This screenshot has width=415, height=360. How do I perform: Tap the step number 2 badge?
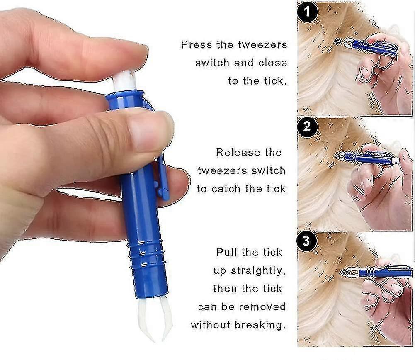pyautogui.click(x=307, y=126)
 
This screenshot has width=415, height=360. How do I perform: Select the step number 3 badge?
pyautogui.click(x=307, y=241)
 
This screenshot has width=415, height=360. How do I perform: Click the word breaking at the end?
pyautogui.click(x=265, y=325)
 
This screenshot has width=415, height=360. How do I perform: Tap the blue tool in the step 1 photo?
pyautogui.click(x=369, y=46)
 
